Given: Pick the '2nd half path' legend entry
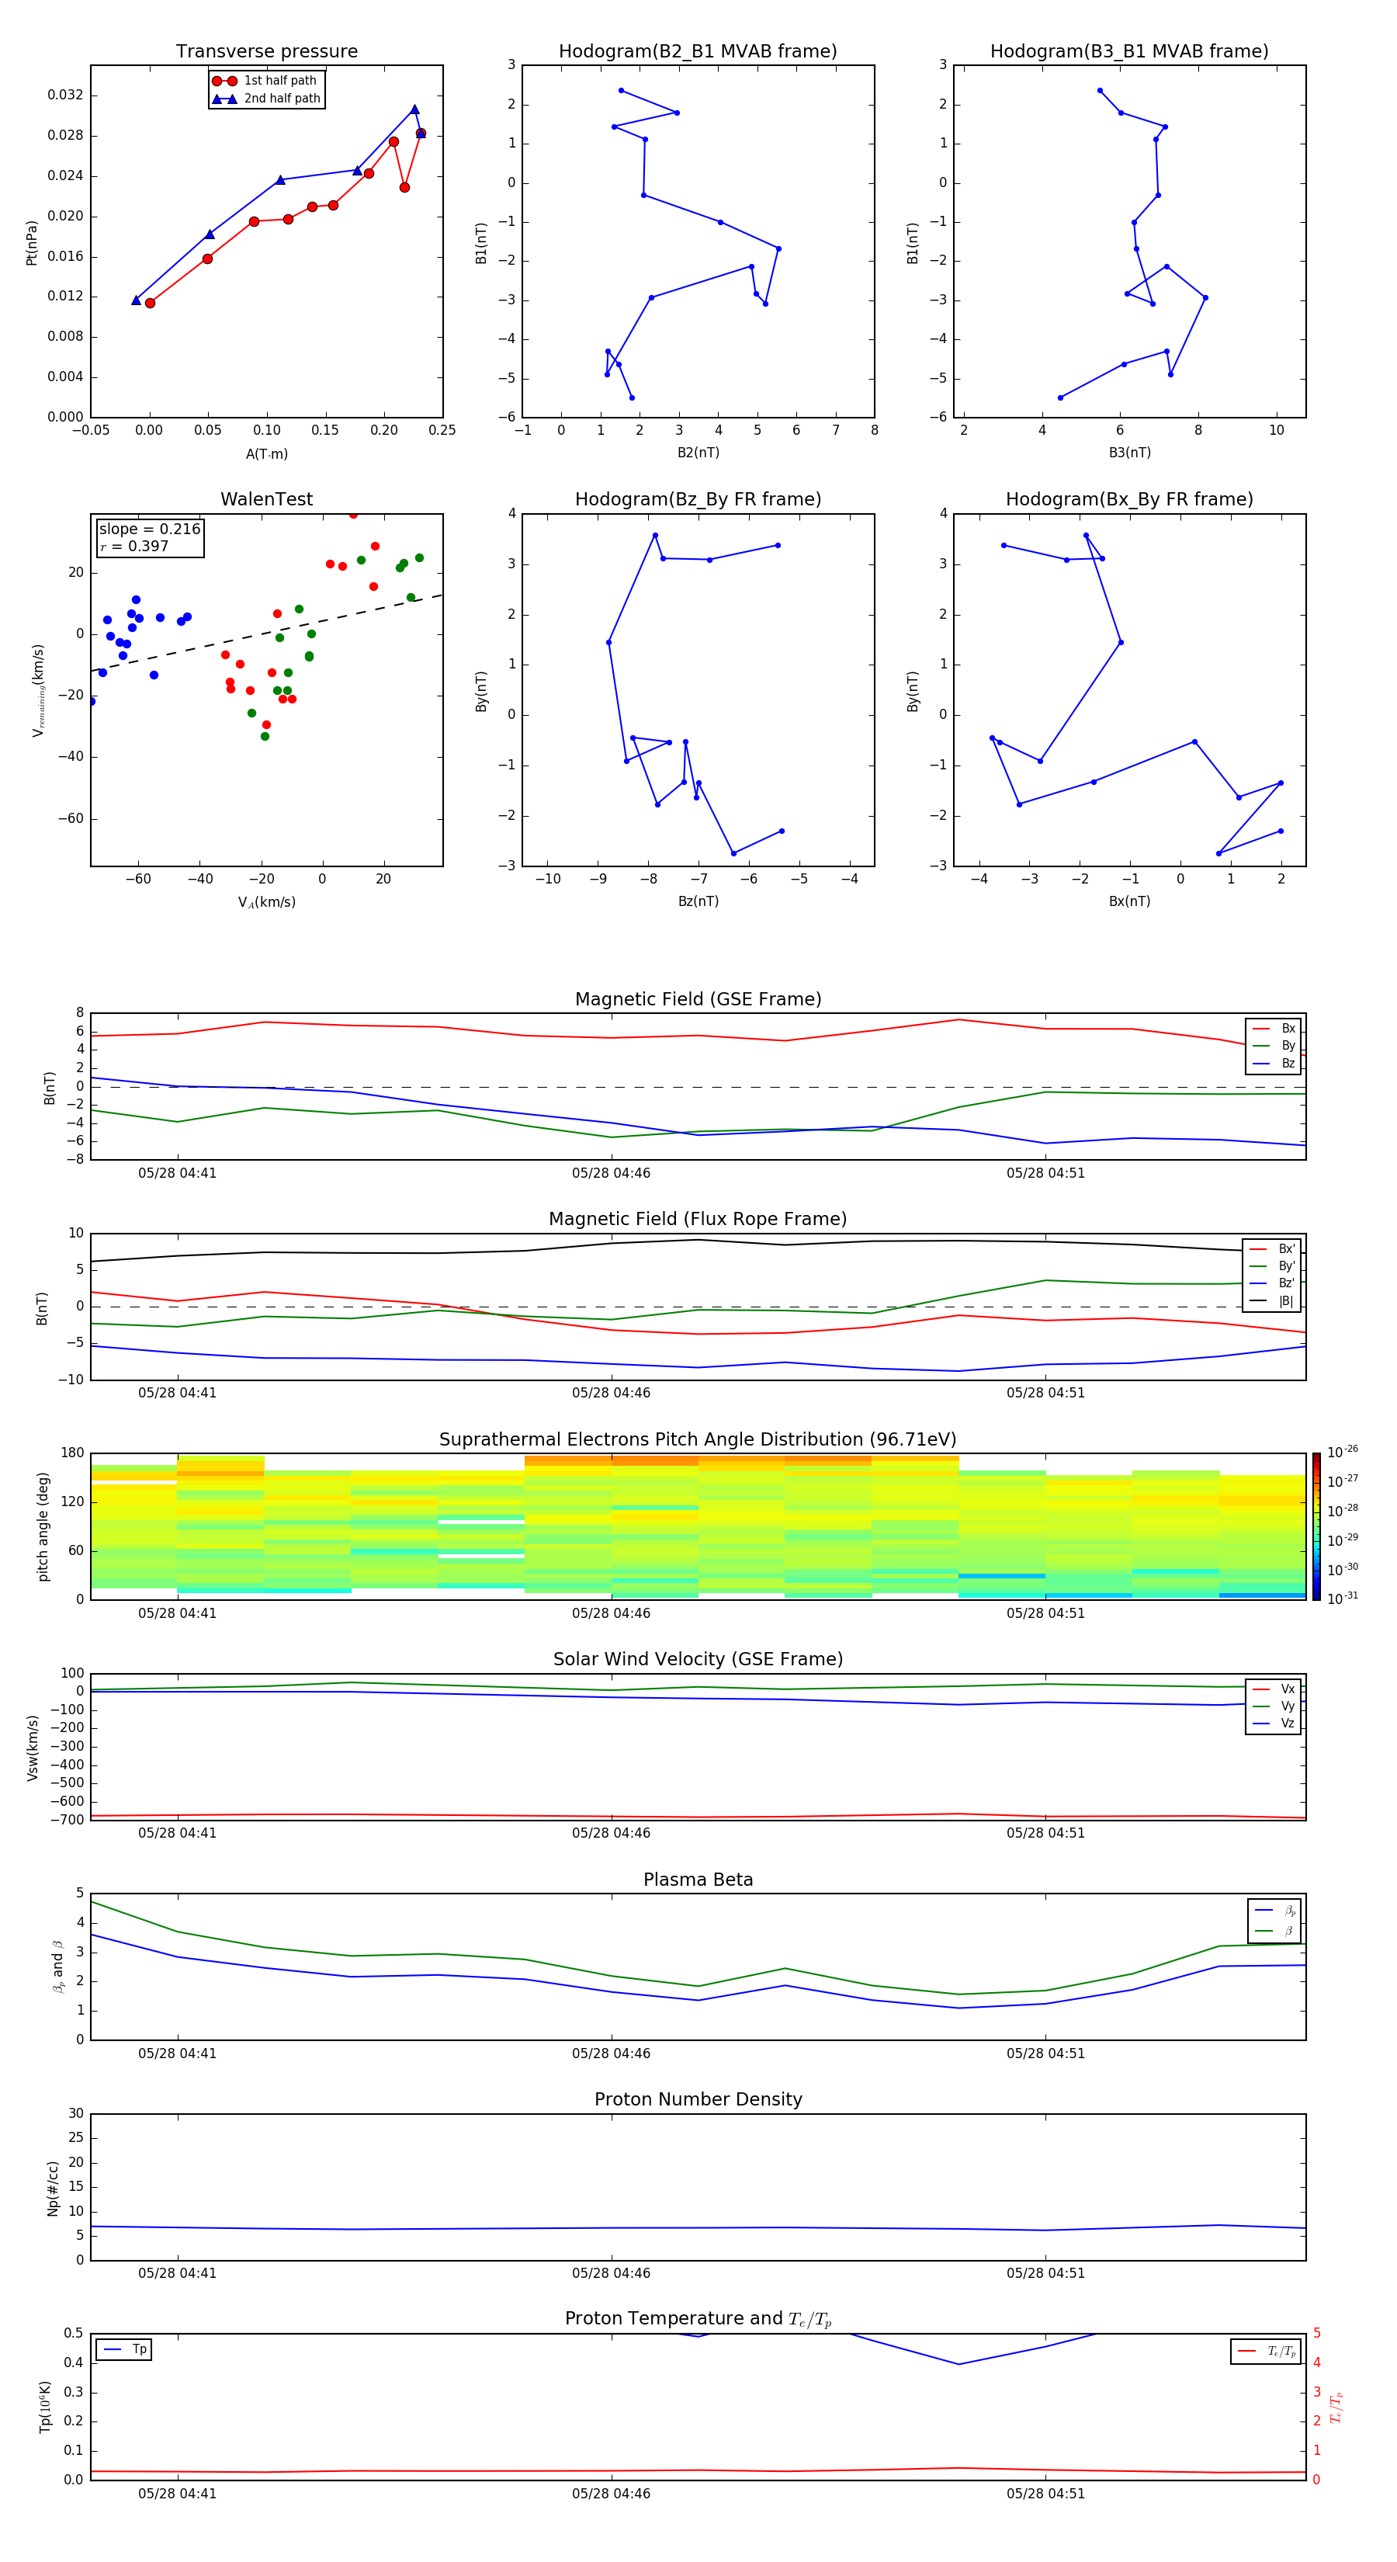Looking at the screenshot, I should [282, 99].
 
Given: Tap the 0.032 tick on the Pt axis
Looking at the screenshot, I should [66, 95].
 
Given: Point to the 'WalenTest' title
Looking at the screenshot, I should [266, 499].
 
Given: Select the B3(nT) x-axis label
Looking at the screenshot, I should [1129, 453].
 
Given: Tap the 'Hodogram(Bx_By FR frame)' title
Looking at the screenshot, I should [1128, 499].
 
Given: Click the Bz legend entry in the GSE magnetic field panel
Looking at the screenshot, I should [1288, 1063].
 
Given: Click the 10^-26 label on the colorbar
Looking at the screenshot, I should [1343, 1452].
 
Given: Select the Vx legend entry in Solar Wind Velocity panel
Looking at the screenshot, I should [1287, 1689].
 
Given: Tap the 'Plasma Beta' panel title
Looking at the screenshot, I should [697, 1880].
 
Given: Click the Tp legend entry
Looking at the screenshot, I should [138, 2349].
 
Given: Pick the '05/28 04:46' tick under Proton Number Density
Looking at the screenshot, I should [611, 2272].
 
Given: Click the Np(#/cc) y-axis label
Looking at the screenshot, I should [53, 2188].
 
